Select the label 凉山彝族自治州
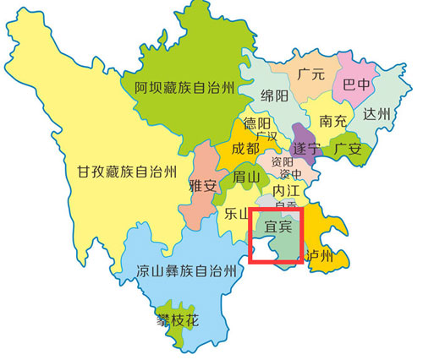click(184, 273)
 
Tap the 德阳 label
click(258, 124)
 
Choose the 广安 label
click(347, 148)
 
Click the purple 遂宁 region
click(301, 135)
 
